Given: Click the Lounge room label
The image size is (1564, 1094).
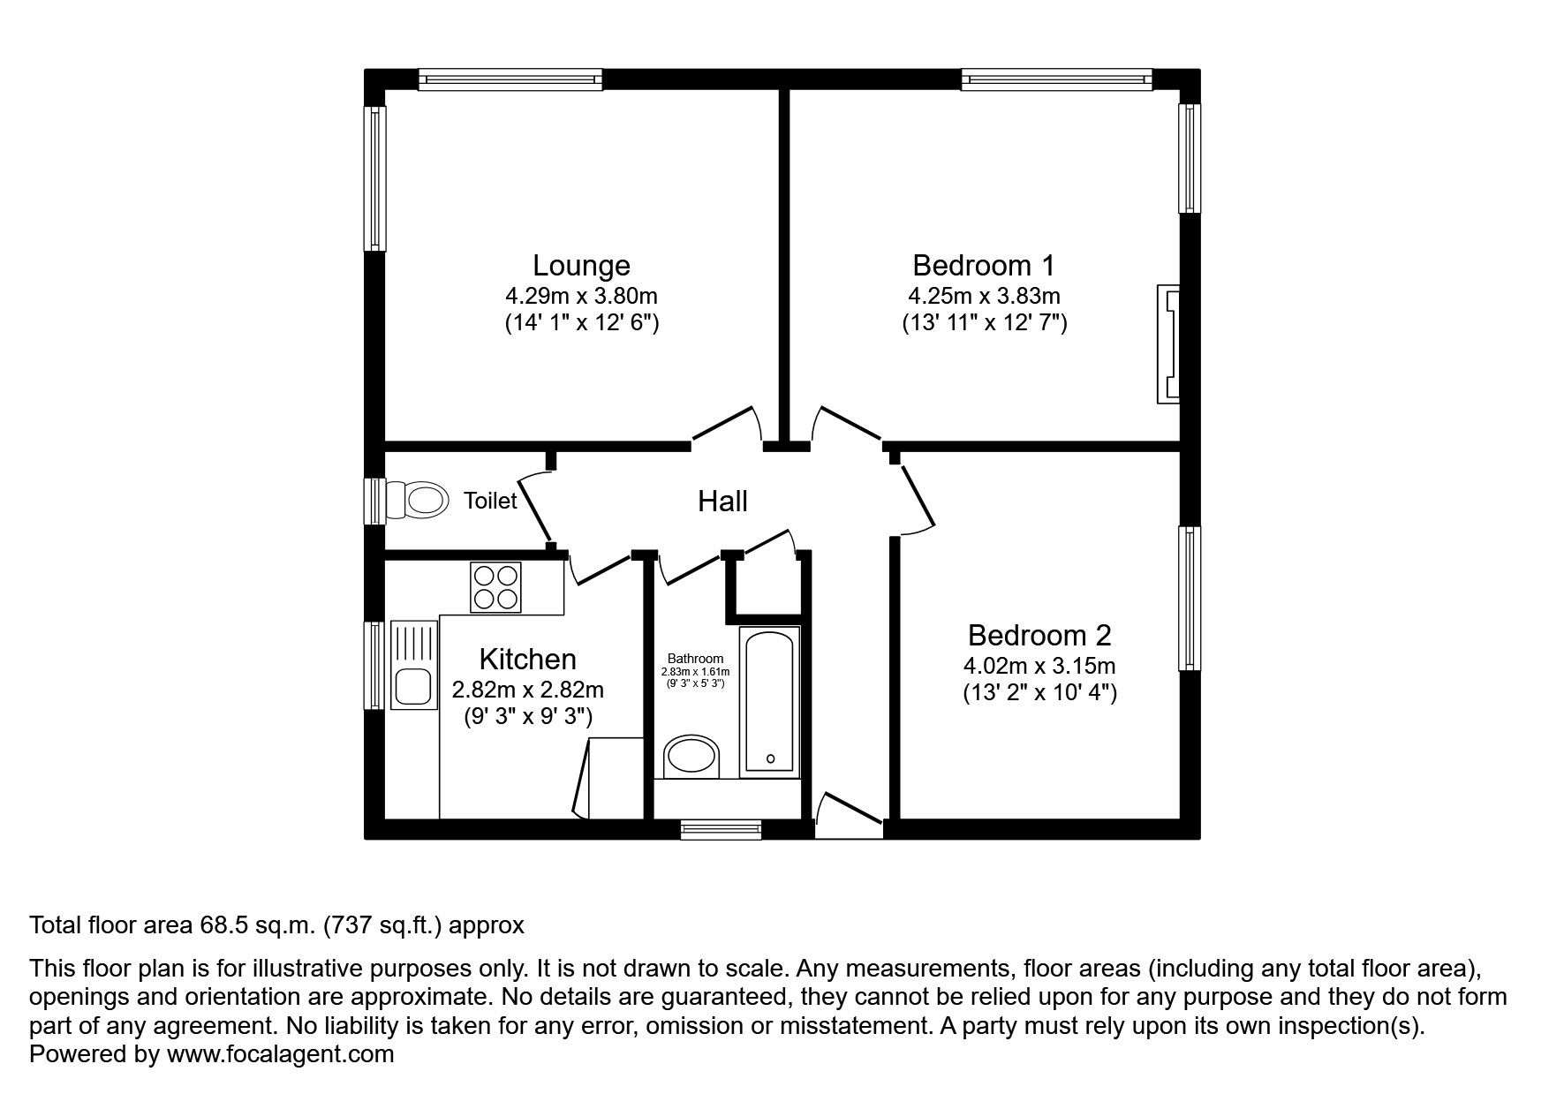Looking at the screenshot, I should click(581, 265).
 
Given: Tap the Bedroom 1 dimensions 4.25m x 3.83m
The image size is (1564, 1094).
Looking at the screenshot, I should click(984, 295).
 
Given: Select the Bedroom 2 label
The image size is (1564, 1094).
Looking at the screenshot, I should click(1039, 635).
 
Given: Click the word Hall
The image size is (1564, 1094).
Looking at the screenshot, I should click(722, 502).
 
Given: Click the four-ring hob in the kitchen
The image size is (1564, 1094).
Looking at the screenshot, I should click(495, 587).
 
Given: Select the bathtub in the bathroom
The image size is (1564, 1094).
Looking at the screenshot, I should click(770, 702).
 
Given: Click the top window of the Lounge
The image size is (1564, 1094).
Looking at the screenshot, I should click(510, 79).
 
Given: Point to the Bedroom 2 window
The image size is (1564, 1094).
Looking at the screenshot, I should click(1190, 599).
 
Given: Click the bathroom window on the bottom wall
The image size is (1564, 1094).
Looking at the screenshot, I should click(721, 828).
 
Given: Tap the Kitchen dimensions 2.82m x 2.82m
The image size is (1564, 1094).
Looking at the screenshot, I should click(528, 690).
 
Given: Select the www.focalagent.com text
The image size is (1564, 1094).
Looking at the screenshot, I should click(280, 1054).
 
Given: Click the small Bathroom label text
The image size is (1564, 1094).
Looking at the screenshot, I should click(695, 659).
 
